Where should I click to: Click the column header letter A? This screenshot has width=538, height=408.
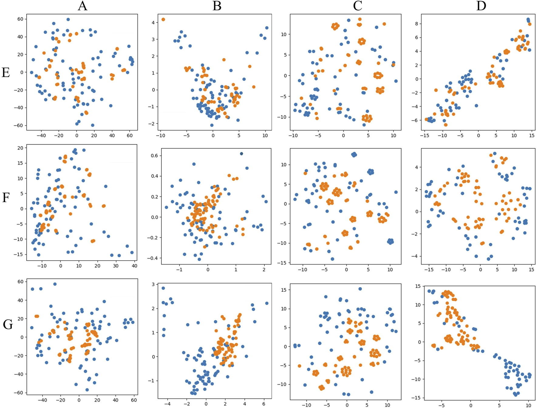tap(82, 6)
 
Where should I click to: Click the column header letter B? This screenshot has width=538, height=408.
tap(217, 6)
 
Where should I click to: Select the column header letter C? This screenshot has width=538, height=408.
tap(357, 6)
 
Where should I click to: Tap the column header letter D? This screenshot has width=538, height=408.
tap(481, 6)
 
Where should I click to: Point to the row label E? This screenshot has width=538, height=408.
tap(6, 73)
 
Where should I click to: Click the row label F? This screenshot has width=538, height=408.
tap(6, 198)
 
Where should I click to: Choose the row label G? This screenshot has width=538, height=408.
tap(8, 324)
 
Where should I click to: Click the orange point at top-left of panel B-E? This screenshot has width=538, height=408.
tap(163, 19)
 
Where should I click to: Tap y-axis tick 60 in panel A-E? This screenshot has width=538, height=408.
tap(20, 19)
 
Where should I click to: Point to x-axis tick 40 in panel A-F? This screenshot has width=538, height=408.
tap(134, 266)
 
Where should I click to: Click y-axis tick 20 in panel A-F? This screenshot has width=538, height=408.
tap(20, 148)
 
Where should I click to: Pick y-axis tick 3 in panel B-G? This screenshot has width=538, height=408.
tap(153, 284)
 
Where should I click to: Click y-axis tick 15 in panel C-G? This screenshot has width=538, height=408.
tap(284, 290)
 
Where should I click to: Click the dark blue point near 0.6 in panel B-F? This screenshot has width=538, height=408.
tap(241, 154)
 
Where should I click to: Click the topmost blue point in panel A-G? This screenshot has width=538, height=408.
tap(55, 284)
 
